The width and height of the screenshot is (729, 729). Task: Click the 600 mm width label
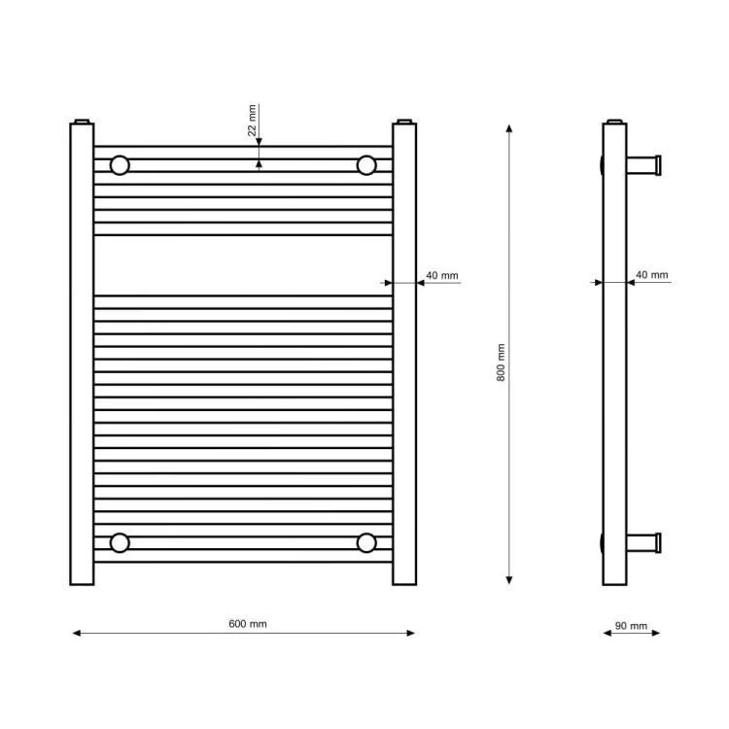pos(247,624)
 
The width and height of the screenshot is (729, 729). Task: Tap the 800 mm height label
pos(501,363)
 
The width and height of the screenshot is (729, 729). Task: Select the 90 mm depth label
pos(631,626)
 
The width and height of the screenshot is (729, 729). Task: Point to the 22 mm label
pos(252,121)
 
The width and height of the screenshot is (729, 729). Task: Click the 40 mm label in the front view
pos(442,275)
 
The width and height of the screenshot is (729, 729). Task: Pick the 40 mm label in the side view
pos(652,275)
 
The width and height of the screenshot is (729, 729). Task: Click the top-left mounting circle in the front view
pos(120,165)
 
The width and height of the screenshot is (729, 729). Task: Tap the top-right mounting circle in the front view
pos(366,165)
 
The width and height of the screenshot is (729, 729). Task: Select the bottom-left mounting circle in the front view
pos(120,542)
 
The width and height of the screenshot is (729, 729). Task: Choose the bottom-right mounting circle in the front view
pos(366,542)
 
